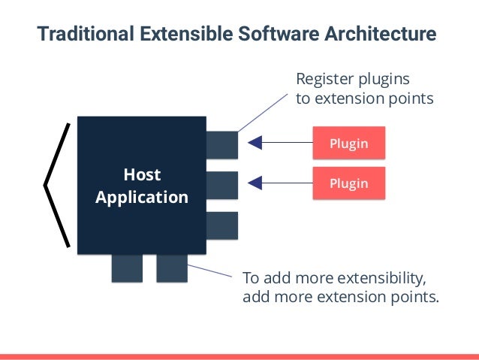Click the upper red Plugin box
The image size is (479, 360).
click(x=349, y=143)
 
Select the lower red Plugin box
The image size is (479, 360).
click(x=349, y=183)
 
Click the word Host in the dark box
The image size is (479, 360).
click(x=141, y=175)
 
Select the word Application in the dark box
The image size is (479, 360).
click(x=141, y=198)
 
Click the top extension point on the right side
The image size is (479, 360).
click(x=221, y=145)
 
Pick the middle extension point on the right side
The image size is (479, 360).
click(x=221, y=185)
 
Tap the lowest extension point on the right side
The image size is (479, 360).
click(x=221, y=225)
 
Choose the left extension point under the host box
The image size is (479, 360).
click(x=127, y=268)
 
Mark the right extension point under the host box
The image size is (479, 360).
click(x=172, y=268)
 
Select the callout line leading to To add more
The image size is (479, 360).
click(x=209, y=271)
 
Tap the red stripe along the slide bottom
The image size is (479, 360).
click(x=239, y=355)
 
